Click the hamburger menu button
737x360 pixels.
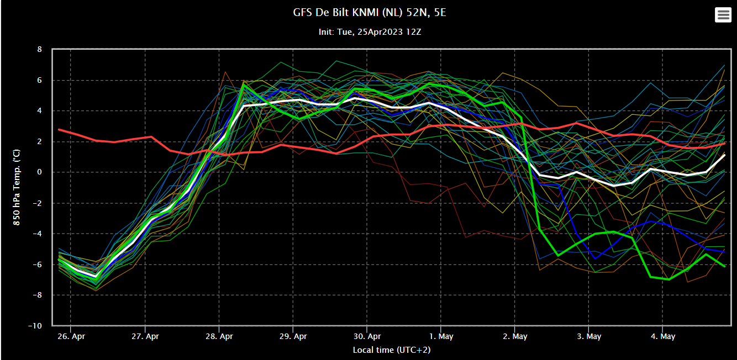point(723,15)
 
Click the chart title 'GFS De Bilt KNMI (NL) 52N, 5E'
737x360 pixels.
point(369,12)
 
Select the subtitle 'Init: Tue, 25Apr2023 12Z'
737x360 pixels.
point(370,32)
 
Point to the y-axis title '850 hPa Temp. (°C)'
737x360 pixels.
point(17,188)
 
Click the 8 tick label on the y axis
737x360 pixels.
point(39,50)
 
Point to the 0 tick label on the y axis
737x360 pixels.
point(39,172)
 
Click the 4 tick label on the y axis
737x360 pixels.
point(39,111)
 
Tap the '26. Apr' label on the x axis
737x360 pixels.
point(71,336)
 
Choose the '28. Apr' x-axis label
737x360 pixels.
point(219,336)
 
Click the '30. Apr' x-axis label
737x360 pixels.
point(367,336)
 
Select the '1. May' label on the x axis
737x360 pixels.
point(441,336)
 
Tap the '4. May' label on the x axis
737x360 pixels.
point(662,336)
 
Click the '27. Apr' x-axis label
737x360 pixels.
point(145,336)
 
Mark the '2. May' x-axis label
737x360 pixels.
point(515,336)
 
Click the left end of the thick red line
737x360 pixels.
point(59,130)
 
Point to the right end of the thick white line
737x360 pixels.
point(724,155)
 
